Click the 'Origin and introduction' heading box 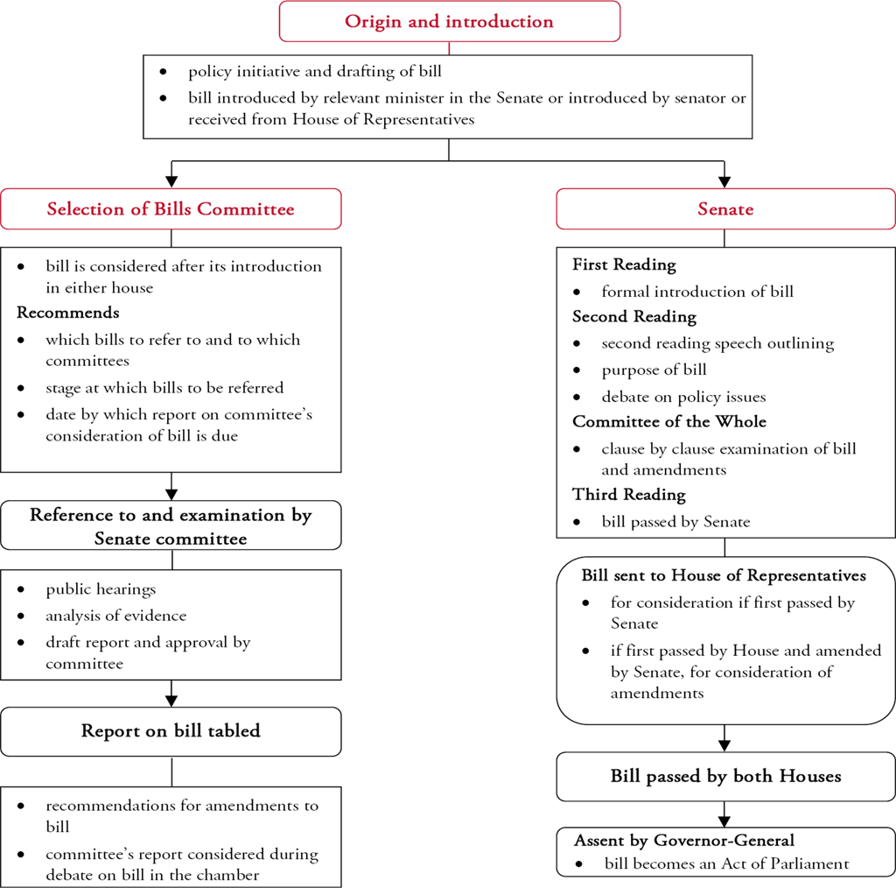tap(449, 21)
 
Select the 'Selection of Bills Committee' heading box tap(171, 209)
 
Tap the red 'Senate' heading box tap(725, 209)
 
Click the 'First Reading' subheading tap(624, 264)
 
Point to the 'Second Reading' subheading tap(634, 316)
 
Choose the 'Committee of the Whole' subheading tap(669, 421)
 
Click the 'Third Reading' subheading tap(629, 495)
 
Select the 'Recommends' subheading tap(68, 313)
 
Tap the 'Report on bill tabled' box tap(171, 730)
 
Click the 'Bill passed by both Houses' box tap(725, 776)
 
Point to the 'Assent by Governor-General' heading tap(683, 841)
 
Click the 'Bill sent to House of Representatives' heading tap(724, 575)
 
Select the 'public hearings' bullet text tap(101, 589)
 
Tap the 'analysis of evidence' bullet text tap(115, 616)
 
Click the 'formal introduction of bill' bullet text tap(697, 291)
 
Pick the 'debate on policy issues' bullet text tap(683, 397)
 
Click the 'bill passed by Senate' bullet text tap(675, 522)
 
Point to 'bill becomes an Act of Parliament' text tap(726, 863)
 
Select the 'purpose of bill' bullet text tap(654, 370)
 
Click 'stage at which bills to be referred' tap(164, 387)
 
